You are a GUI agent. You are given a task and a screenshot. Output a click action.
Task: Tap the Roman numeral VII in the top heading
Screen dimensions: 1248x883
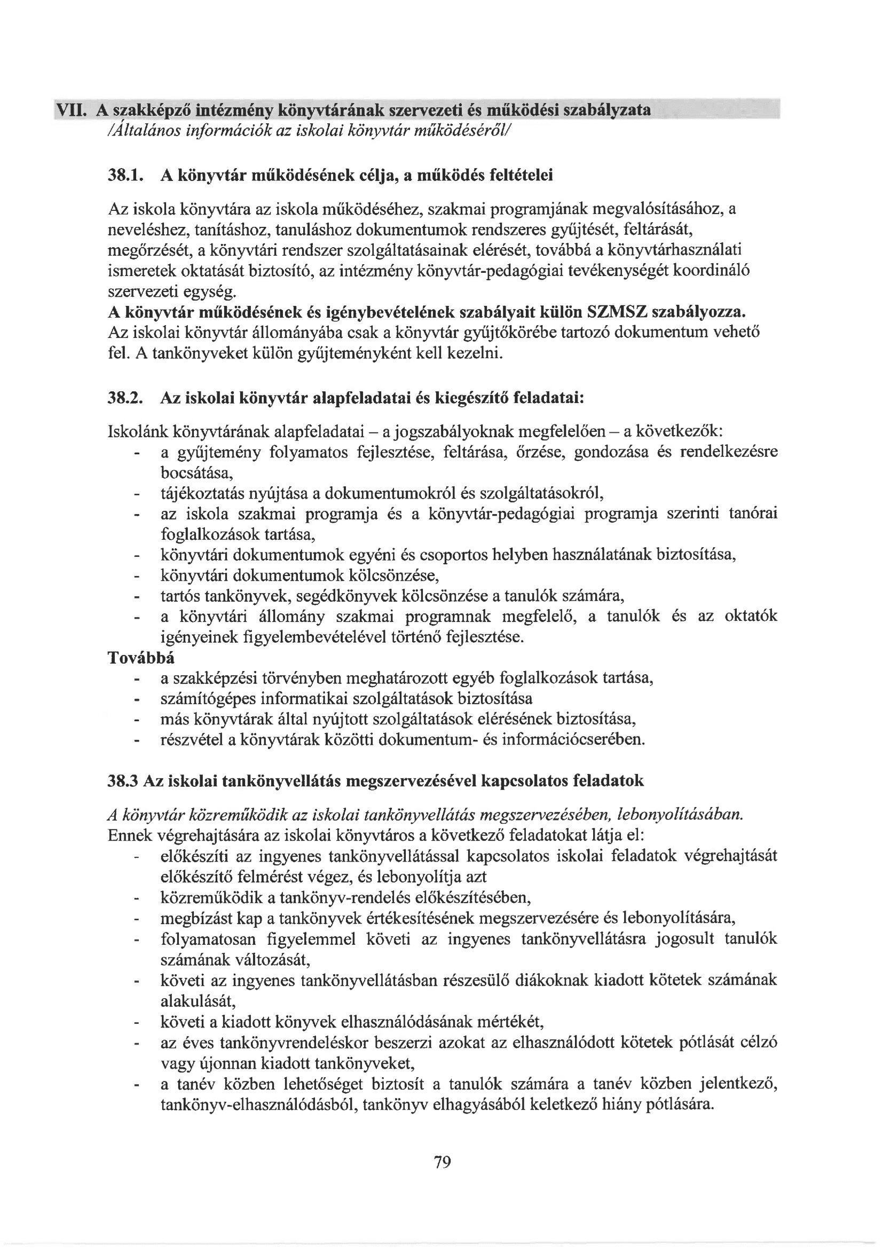coord(72,110)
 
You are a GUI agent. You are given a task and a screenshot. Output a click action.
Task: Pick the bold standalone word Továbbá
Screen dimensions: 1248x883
coord(141,658)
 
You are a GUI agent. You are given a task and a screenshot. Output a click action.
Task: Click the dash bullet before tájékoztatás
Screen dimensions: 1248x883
coord(136,494)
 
